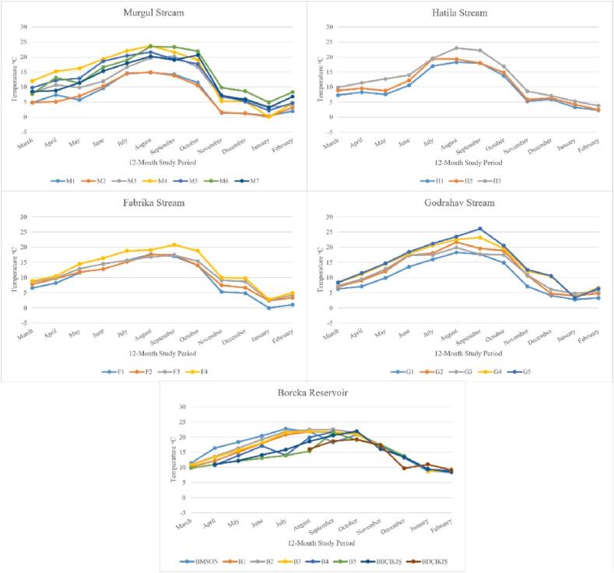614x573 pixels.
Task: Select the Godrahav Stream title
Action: tap(461, 202)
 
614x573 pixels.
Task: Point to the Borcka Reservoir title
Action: tap(306, 393)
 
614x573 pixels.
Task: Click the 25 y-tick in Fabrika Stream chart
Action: tap(24, 232)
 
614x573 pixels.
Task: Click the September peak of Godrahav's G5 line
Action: tap(480, 229)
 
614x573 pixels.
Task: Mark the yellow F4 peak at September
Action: tap(174, 244)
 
